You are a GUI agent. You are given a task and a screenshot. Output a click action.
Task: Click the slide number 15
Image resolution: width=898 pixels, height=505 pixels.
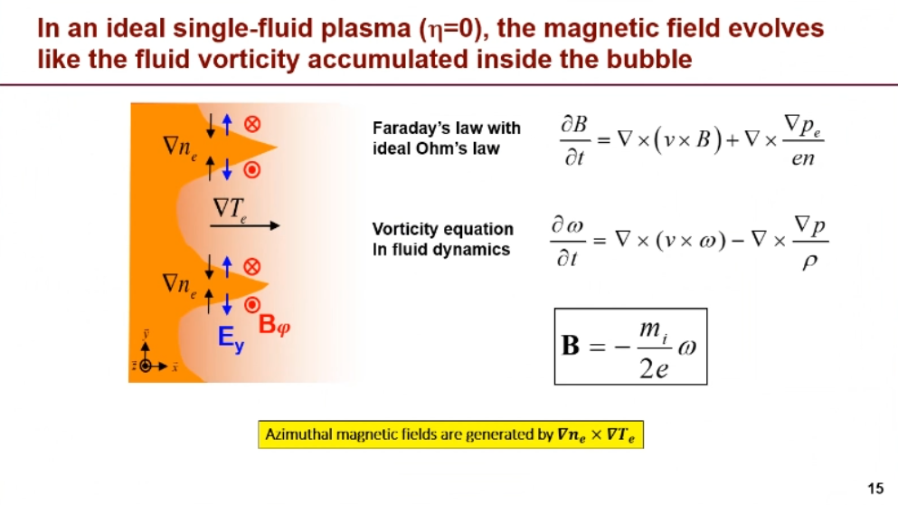875,489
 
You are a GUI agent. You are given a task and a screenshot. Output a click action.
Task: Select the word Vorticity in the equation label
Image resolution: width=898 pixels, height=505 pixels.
405,229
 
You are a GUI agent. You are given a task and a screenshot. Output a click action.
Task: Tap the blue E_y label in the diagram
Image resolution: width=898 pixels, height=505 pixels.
231,338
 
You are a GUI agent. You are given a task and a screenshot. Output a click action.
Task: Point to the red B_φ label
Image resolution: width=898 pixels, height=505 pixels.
274,324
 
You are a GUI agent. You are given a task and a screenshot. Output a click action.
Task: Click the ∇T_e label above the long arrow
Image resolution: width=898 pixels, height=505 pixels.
230,209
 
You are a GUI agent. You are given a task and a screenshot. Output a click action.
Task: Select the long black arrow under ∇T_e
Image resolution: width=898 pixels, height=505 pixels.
245,226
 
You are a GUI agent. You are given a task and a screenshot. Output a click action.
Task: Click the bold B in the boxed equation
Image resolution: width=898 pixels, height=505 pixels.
571,346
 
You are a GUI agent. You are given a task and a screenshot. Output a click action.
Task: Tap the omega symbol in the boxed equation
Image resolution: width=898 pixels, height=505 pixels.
686,348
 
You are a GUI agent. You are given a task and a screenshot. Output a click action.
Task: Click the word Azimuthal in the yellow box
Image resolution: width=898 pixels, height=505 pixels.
298,434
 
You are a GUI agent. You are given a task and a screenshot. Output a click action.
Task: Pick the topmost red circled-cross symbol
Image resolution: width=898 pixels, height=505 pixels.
252,124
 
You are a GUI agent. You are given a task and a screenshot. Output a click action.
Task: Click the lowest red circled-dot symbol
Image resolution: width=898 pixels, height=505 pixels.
252,305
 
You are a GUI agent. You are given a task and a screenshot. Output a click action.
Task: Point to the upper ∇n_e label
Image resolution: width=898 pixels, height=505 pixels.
180,148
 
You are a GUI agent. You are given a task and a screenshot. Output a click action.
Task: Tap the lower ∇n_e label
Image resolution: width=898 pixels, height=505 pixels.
179,284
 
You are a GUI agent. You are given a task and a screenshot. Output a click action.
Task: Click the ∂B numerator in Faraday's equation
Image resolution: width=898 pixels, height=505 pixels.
574,124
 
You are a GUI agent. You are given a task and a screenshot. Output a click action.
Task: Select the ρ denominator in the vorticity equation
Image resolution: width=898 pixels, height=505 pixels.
809,262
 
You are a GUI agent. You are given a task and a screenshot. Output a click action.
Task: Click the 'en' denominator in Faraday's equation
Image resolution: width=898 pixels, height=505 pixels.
803,158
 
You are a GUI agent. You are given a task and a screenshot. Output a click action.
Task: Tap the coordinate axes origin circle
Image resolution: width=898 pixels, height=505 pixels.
146,366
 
